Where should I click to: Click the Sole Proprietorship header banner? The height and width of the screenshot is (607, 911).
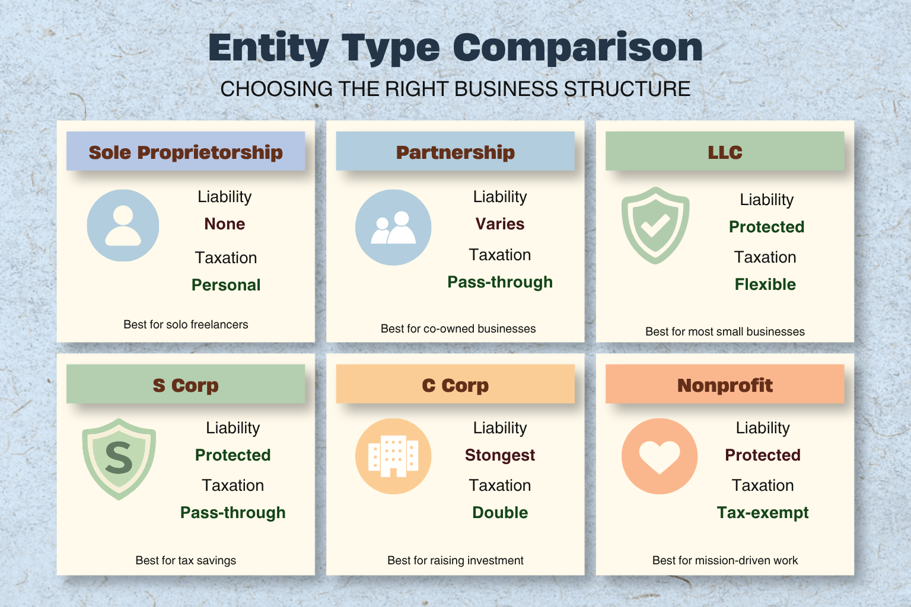pos(186,151)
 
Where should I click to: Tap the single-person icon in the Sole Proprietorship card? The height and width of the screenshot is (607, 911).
pos(123,225)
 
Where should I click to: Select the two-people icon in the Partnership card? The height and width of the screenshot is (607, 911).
pos(393,227)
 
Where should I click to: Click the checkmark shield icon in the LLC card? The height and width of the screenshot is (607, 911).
pos(655,225)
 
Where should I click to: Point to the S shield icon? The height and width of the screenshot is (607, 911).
pos(119,459)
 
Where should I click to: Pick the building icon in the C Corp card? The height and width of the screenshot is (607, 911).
pos(393,456)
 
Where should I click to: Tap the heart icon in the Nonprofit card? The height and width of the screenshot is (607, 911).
pos(660,456)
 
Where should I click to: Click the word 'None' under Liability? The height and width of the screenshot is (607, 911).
pos(225,224)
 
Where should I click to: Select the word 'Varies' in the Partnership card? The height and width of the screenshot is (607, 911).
pos(500,224)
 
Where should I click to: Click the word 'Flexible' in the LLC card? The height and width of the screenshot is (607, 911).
pos(765,285)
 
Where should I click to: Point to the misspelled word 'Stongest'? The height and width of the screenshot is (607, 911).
pos(500,455)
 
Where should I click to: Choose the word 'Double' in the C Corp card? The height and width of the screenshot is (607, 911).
pos(500,513)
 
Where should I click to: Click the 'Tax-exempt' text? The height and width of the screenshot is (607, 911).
pos(763,513)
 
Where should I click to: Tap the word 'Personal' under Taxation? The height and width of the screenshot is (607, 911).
pos(226,285)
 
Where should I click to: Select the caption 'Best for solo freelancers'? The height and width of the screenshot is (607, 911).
pos(186,324)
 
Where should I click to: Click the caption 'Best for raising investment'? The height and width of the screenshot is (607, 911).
pos(455,561)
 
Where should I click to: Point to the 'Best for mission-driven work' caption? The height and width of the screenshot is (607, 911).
pos(725,561)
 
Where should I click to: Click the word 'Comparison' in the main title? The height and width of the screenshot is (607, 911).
pos(578,48)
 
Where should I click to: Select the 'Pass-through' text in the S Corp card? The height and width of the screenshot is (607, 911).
pos(232,513)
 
